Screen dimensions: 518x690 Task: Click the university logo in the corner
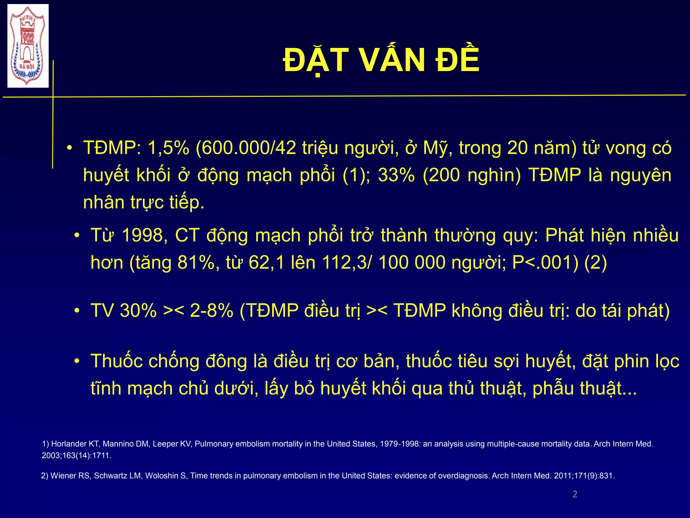28,46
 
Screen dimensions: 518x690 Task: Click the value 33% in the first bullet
396,175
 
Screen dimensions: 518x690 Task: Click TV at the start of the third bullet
102,310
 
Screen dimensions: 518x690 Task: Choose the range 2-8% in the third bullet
211,310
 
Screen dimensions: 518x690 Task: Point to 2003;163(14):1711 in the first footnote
76,456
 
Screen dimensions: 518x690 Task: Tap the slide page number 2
575,494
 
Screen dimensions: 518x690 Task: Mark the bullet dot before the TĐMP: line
69,148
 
